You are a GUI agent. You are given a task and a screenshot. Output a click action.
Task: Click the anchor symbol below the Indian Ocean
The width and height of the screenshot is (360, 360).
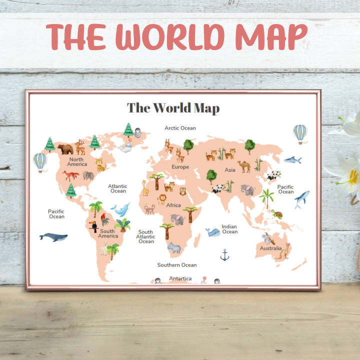tap(225, 255)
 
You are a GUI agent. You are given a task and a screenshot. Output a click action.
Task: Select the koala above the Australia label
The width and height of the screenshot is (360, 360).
tap(266, 238)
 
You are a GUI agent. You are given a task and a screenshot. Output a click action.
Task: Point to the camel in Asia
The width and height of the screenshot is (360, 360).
tap(244, 166)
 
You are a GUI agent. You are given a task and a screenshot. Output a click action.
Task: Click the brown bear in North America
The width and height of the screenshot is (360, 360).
tap(65, 148)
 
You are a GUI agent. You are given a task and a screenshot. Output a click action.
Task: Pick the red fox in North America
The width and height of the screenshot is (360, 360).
tap(70, 175)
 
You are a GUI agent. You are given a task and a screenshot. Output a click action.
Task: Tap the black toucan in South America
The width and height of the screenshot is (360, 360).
tap(93, 226)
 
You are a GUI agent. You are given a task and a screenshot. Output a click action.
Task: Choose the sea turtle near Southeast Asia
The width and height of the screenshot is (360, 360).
tap(277, 214)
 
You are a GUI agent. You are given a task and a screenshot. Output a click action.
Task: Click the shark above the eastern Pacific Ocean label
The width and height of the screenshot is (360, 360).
tap(292, 160)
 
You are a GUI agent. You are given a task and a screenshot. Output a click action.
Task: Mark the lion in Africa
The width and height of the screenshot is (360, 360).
tap(162, 199)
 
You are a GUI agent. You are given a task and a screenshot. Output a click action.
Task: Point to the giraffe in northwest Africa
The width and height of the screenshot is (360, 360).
tap(145, 188)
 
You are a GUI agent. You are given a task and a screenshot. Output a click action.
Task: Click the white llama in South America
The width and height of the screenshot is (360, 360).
tap(103, 248)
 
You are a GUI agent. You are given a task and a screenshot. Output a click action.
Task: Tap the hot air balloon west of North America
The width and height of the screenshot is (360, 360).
tap(40, 161)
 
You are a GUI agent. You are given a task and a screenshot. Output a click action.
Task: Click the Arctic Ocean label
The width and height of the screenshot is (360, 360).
tap(180, 128)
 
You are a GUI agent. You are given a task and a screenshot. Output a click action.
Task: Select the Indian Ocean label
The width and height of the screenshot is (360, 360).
tap(229, 229)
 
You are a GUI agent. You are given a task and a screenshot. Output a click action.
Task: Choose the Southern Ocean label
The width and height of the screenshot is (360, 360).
tap(177, 265)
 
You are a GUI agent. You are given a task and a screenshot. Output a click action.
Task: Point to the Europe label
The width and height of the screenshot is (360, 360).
tap(180, 167)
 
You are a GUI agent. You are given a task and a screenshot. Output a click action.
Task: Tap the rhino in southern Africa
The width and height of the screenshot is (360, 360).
tap(174, 247)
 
